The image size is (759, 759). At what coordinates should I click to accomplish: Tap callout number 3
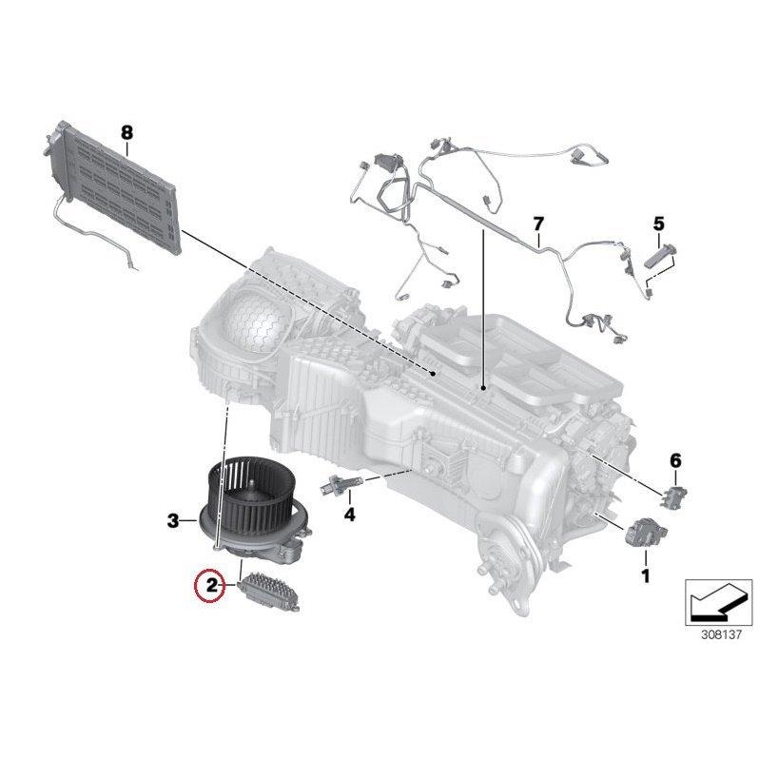173,520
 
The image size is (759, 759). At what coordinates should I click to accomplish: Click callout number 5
657,224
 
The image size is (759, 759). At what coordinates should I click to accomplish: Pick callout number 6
675,461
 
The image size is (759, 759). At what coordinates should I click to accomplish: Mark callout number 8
126,133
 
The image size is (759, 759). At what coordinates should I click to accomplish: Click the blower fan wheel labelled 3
249,501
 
